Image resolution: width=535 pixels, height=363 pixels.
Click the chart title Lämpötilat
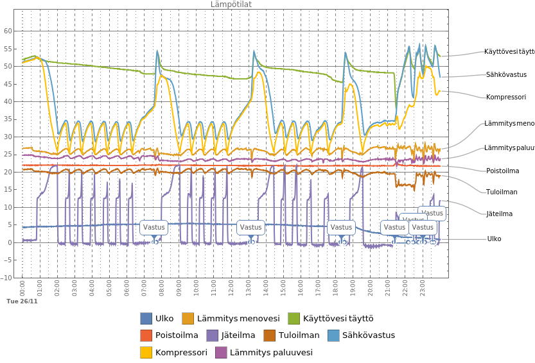click(x=231, y=4)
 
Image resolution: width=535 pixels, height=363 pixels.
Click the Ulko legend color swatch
click(x=146, y=318)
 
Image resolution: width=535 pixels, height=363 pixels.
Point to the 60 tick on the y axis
click(x=8, y=31)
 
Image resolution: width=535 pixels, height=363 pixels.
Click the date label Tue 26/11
click(x=22, y=301)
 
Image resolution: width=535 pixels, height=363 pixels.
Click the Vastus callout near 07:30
click(x=154, y=227)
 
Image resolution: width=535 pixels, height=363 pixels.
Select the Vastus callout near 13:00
click(x=250, y=227)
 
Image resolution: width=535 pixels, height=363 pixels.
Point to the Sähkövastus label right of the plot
click(x=507, y=74)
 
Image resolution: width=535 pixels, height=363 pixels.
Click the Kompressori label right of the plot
click(x=506, y=97)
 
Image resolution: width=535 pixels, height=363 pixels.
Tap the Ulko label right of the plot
click(x=494, y=239)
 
